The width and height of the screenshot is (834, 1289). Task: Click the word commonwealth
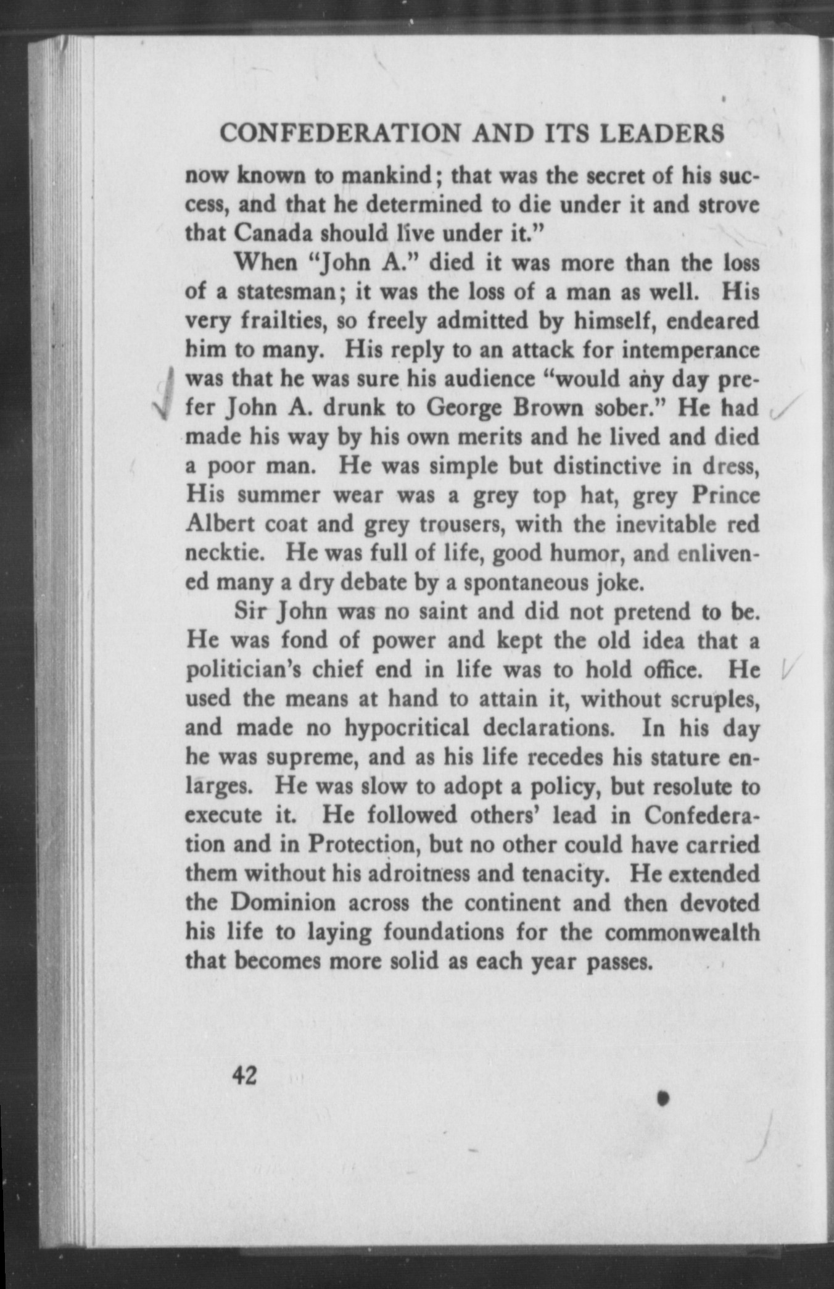(x=682, y=931)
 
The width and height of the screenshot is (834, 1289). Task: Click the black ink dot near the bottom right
(x=664, y=1098)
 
